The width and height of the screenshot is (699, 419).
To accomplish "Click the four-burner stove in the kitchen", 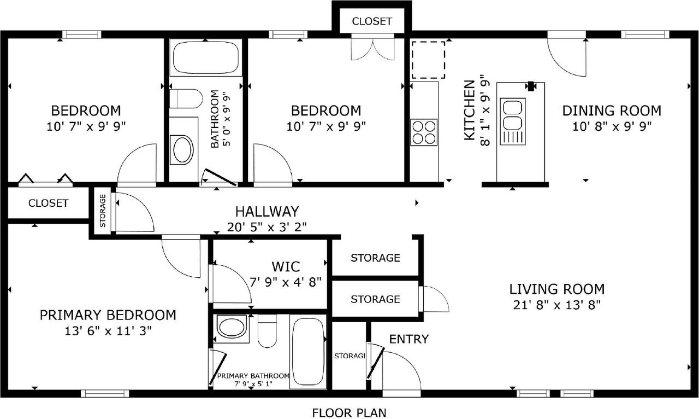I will click(424, 132).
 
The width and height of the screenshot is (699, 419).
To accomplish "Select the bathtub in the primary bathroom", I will click(307, 352).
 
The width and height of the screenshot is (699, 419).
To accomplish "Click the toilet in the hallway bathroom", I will click(186, 99).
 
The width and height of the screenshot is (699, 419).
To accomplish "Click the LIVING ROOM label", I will click(556, 289).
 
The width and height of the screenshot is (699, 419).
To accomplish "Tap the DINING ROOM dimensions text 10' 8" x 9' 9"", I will click(612, 126).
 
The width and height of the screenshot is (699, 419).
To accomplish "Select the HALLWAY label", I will click(267, 211).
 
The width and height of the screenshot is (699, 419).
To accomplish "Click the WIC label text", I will click(286, 267).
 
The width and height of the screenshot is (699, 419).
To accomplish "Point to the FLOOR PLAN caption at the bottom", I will click(348, 412).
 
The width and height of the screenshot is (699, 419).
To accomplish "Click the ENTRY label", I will click(408, 339).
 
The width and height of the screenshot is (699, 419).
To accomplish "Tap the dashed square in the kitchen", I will click(428, 59).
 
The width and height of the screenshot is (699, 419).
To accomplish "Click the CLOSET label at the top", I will click(371, 21).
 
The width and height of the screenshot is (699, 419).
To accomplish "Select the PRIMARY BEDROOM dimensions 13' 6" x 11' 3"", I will click(108, 330).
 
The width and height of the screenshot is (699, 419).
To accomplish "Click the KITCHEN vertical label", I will click(469, 110).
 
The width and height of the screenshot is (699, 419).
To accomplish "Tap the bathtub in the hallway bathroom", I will click(206, 57).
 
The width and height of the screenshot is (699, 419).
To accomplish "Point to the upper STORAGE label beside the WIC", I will click(375, 258).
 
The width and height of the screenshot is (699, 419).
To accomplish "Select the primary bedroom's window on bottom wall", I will click(105, 393).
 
